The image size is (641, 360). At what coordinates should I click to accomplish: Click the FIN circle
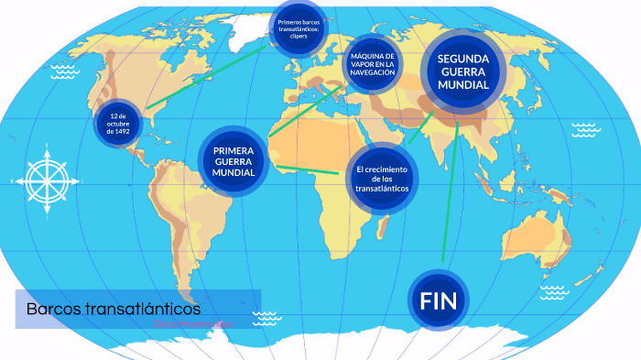(x=438, y=300)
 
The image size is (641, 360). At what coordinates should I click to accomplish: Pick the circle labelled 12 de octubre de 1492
(x=119, y=124)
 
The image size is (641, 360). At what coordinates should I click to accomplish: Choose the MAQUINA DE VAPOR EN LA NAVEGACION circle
(x=372, y=65)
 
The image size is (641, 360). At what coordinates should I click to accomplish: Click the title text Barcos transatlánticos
(x=113, y=310)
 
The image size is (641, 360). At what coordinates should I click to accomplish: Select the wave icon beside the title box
(x=266, y=318)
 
